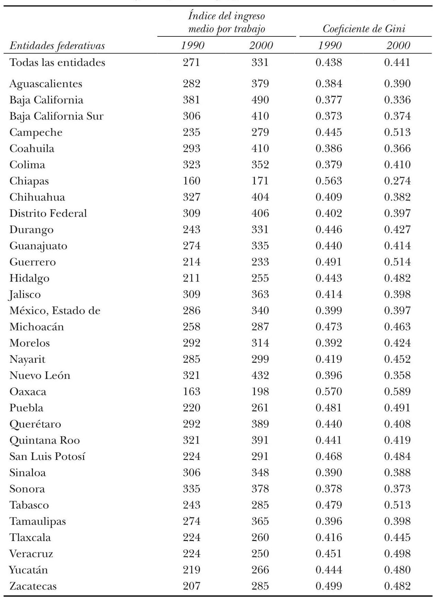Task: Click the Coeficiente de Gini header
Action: point(364,29)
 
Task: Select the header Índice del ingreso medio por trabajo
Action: point(227,22)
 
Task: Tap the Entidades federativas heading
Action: point(57,46)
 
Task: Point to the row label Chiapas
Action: point(29,181)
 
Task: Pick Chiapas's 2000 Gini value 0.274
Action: point(397,181)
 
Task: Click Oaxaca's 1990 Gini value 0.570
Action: point(329,392)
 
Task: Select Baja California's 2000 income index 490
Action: point(260,100)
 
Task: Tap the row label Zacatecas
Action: point(33,586)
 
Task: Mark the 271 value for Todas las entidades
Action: point(191,63)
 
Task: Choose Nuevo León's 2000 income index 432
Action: point(260,375)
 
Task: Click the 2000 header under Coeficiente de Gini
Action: point(398,46)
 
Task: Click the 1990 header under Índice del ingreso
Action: point(192,46)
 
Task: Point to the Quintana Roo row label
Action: point(45,440)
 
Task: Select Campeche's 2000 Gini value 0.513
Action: point(397,132)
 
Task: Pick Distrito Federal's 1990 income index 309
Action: point(191,213)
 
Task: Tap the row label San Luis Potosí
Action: point(47,457)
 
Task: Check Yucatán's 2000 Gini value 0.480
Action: point(397,570)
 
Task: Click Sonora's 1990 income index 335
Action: point(191,489)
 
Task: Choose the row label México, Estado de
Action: point(55,311)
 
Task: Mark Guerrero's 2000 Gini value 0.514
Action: point(397,262)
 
